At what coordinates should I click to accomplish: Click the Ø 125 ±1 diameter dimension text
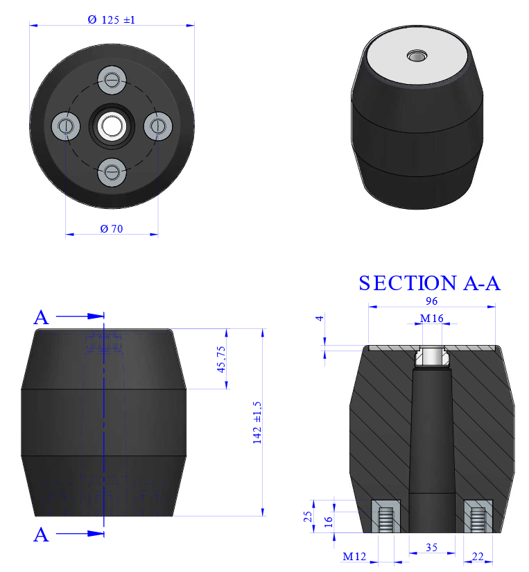click(111, 20)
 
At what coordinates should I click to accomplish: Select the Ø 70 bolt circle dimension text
click(111, 228)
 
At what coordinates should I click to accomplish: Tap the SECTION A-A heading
click(429, 283)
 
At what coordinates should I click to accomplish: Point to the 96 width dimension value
click(432, 301)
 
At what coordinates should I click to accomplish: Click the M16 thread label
click(432, 319)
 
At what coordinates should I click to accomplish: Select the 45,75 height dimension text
click(222, 359)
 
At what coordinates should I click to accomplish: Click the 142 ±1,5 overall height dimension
click(257, 422)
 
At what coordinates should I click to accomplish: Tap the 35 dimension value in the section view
click(431, 548)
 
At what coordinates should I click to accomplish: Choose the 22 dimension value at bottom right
click(477, 557)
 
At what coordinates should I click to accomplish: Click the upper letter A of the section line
click(42, 317)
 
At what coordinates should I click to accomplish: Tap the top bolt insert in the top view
click(111, 80)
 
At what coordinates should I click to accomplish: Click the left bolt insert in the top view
click(66, 125)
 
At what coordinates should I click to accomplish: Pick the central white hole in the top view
click(111, 126)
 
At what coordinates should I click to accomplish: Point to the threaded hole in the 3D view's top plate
click(416, 55)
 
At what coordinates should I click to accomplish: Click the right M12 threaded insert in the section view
click(478, 517)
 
